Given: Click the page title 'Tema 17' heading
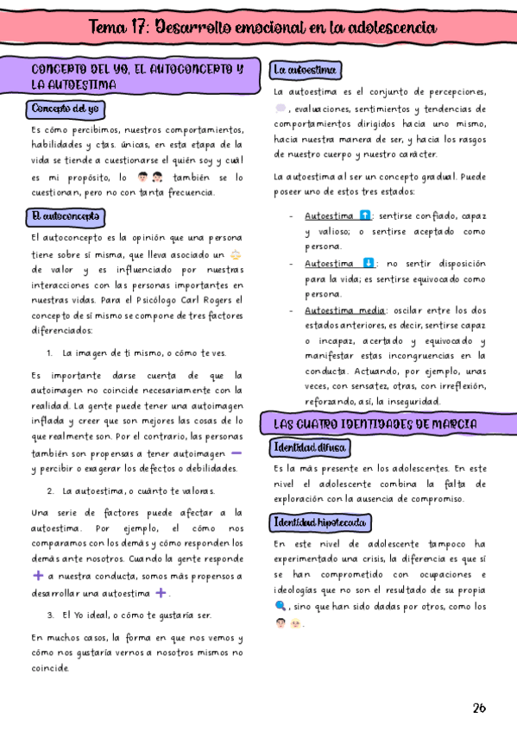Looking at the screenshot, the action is point(262,28).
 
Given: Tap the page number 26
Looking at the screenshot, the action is point(479,708).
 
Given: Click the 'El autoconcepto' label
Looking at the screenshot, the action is point(66,216).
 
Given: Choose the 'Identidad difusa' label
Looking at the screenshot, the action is point(310,447).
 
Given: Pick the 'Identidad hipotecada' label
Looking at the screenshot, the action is point(319,522).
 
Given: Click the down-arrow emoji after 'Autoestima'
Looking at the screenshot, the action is point(369,263).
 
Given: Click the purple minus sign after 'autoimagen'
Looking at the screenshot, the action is point(236,452).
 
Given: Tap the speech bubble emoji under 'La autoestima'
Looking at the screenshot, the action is point(281,109).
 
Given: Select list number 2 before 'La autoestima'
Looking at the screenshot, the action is point(52,490).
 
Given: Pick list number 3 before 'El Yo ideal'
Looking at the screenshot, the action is point(52,615).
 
